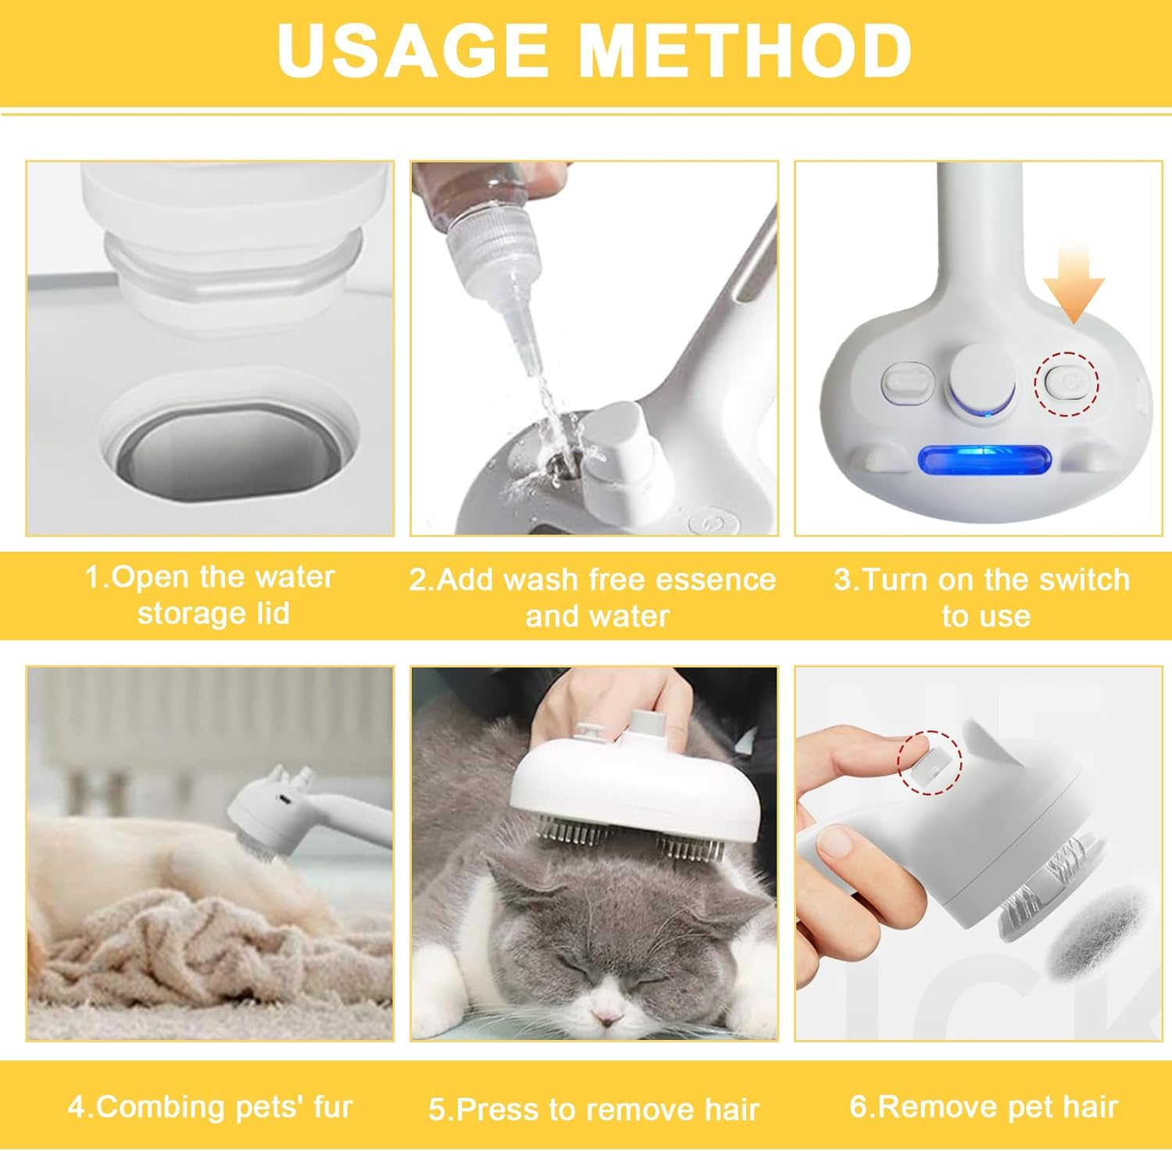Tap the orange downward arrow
[x=1074, y=282]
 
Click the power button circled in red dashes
[x=1067, y=382]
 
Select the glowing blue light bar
[x=984, y=459]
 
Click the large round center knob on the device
[x=982, y=379]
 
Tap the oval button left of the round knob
[x=908, y=382]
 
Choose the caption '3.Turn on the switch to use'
[x=983, y=597]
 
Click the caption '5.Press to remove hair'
[x=594, y=1109]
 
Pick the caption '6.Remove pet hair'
[x=983, y=1106]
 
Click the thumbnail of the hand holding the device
[x=978, y=853]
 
